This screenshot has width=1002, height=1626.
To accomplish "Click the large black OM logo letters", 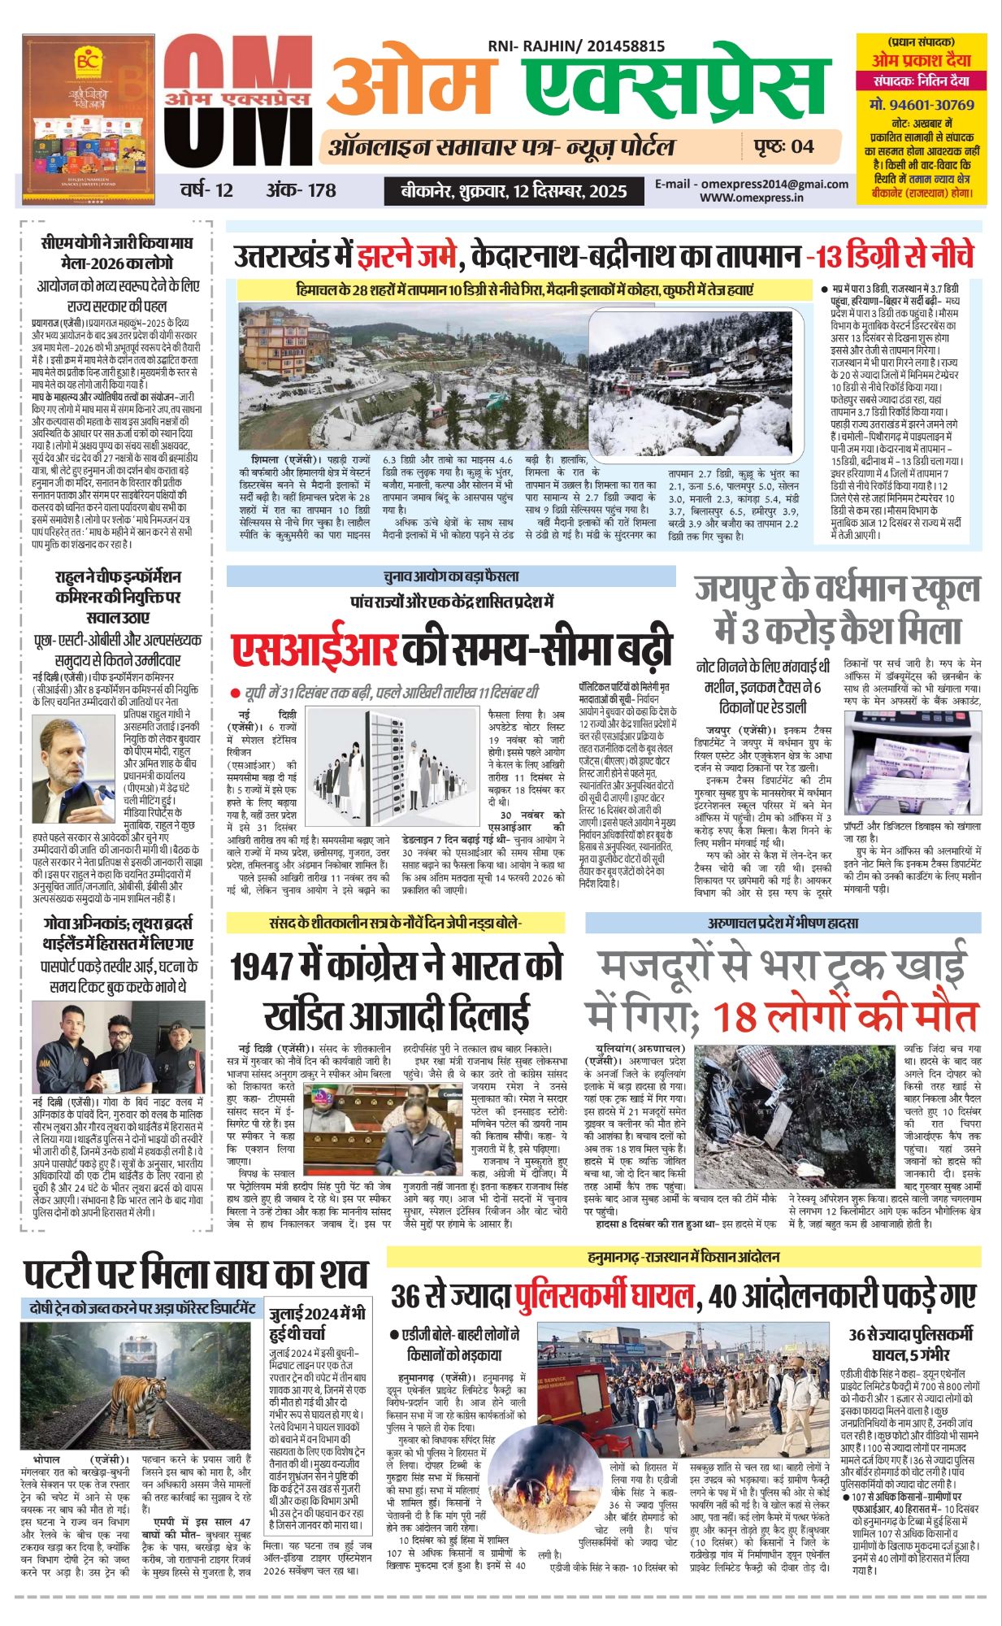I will [236, 110].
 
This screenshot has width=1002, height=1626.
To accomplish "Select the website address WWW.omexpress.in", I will [751, 197].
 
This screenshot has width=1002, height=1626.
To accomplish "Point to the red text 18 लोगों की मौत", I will [845, 1017].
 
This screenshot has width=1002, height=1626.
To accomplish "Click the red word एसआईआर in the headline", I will [314, 650].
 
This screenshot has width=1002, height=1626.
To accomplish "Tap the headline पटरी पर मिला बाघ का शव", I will [195, 1275].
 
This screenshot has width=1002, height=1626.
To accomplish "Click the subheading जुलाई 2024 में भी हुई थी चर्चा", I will [318, 1323].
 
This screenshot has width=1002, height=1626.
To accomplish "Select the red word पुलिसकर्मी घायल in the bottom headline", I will [605, 1296].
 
